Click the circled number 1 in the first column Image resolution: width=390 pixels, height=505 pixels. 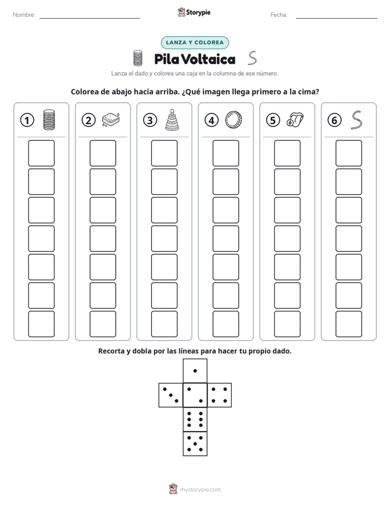27,120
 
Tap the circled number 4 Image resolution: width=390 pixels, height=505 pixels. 211,120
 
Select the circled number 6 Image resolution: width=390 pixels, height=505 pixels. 334,120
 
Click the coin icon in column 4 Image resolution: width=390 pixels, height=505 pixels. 233,120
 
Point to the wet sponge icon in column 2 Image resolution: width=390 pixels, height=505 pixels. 111,120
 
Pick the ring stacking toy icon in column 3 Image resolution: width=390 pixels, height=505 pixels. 172,120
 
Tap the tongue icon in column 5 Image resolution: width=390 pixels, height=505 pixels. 295,120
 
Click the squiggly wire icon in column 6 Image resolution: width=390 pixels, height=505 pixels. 356,120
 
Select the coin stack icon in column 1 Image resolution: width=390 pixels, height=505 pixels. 49,120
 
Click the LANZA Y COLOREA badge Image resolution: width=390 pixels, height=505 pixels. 194,43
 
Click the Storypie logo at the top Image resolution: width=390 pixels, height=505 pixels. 194,12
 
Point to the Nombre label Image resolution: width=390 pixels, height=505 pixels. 24,15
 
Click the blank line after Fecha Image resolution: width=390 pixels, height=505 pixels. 336,18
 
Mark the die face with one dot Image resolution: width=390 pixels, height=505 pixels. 195,371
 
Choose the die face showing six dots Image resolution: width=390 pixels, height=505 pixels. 195,419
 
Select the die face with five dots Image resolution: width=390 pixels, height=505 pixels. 195,444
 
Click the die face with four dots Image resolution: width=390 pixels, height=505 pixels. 220,395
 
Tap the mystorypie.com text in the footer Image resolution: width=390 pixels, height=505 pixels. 200,490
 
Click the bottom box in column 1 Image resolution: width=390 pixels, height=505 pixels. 41,324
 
